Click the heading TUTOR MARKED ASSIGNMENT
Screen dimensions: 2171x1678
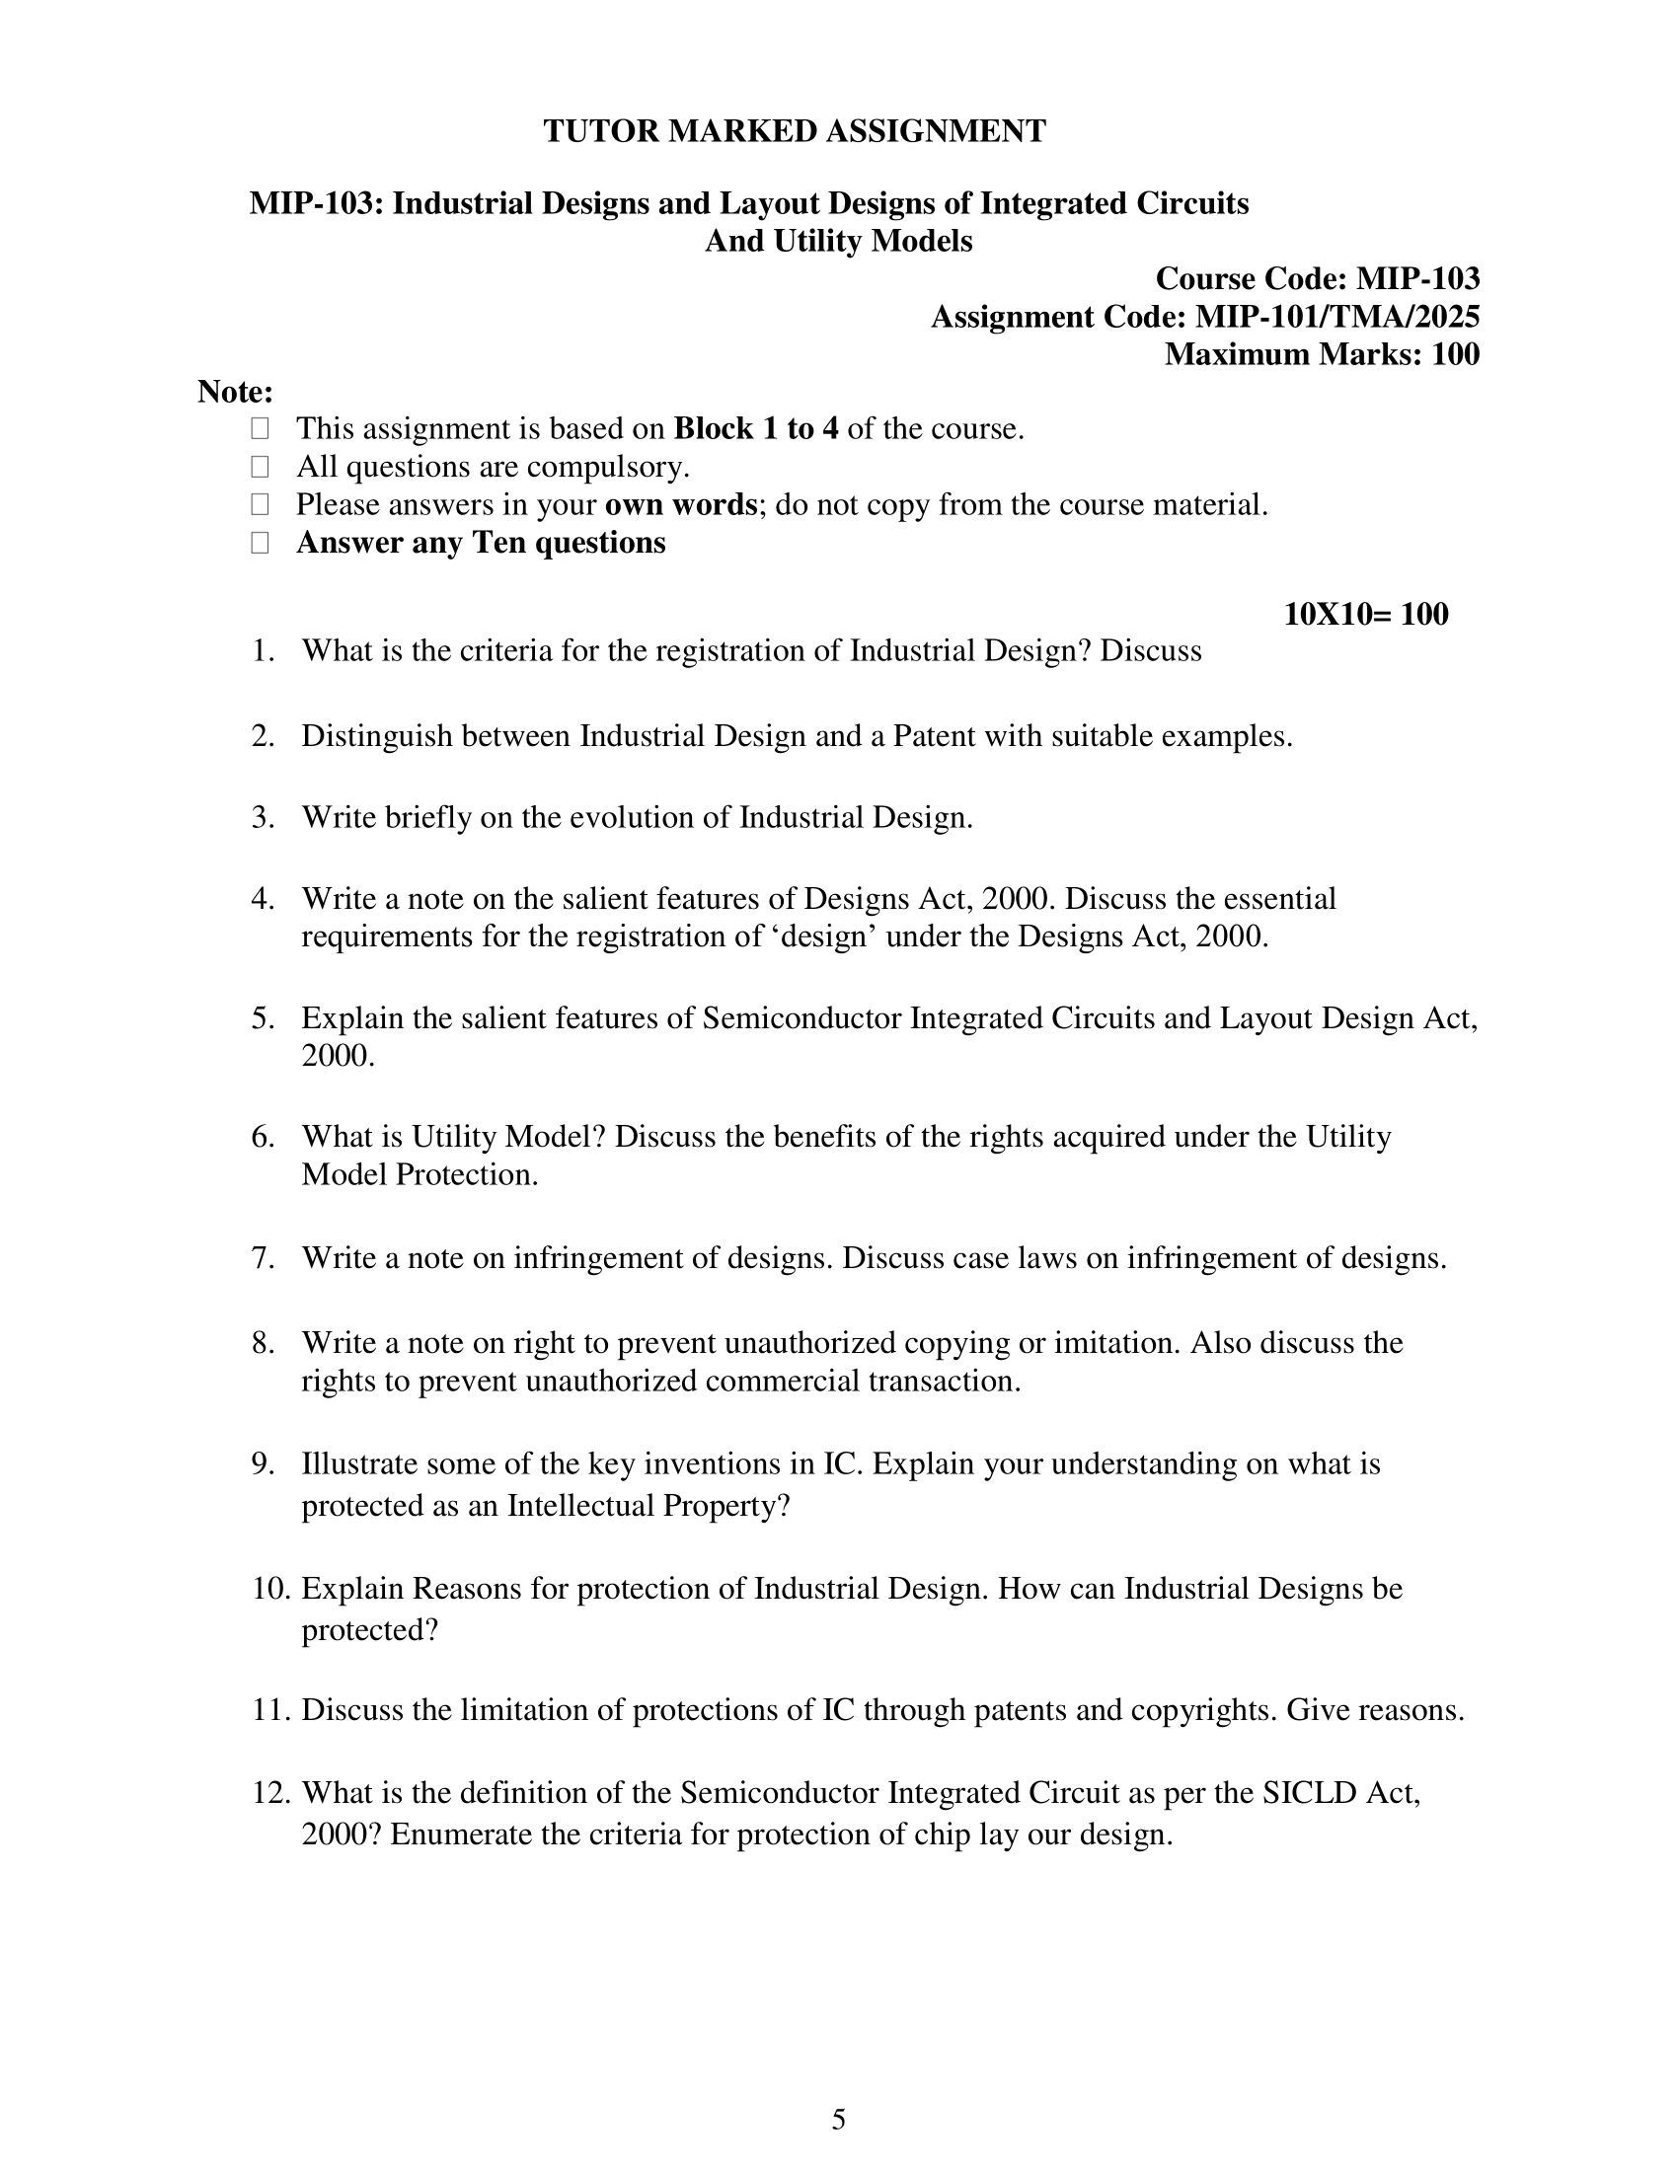(x=795, y=131)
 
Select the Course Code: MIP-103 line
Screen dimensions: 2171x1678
(x=1317, y=278)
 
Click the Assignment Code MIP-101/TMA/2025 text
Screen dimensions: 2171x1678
(x=1205, y=316)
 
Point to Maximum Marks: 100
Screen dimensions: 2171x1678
(x=1321, y=354)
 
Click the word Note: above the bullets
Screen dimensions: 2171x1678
(x=236, y=392)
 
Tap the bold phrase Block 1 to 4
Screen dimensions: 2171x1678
(x=755, y=429)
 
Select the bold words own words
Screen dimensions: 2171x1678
(x=681, y=505)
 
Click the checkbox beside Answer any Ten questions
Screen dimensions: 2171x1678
(x=261, y=543)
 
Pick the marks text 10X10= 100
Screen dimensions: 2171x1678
(x=1366, y=615)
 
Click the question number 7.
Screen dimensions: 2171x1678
(x=263, y=1258)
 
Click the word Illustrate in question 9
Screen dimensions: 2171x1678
(x=352, y=1464)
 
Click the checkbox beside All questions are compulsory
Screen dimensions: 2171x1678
(x=261, y=467)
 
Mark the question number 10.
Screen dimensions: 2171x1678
(x=269, y=1589)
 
